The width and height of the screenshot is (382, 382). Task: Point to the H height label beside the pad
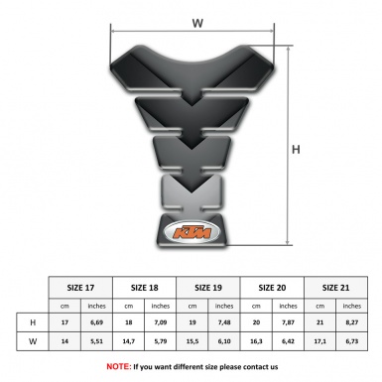pos(295,150)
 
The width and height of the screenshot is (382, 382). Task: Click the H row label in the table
pos(33,322)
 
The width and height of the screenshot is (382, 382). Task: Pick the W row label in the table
pos(33,342)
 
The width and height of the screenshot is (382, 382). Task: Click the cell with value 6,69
pos(97,322)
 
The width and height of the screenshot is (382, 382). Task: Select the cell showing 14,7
pos(129,342)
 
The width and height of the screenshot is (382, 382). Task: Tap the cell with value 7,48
pos(225,322)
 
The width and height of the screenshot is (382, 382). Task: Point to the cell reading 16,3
pos(257,342)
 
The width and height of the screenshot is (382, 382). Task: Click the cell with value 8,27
pos(352,322)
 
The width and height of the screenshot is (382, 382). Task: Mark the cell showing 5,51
pos(97,342)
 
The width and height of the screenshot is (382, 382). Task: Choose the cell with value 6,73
pos(352,342)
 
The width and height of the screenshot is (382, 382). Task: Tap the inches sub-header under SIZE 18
pos(161,305)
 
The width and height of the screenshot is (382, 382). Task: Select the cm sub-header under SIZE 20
pos(257,305)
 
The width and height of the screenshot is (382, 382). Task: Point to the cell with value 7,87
pos(289,322)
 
